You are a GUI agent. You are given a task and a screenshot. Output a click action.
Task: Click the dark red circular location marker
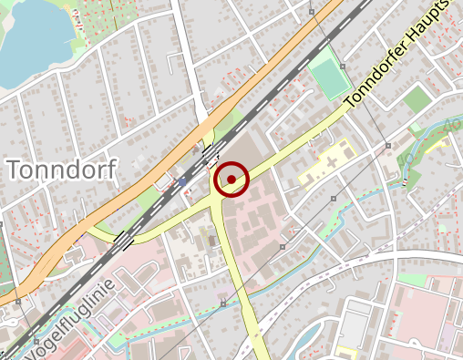pyautogui.click(x=232, y=180)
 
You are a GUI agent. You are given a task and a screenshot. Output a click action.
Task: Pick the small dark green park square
pyautogui.click(x=417, y=99)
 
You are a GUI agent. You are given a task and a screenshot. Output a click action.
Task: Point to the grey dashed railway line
pyautogui.click(x=264, y=91)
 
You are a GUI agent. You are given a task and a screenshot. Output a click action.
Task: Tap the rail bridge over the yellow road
pyautogui.click(x=122, y=239)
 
